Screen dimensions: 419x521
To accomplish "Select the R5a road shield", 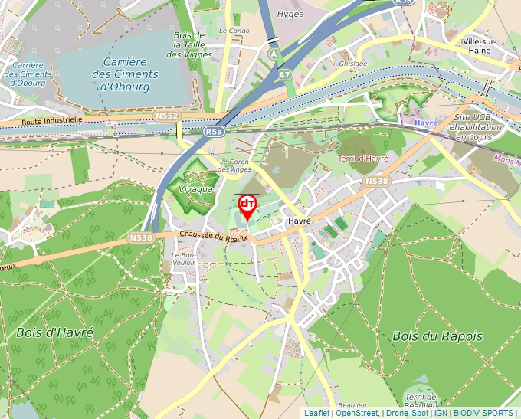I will (215, 132).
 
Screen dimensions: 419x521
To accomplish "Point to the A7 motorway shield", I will (284, 74).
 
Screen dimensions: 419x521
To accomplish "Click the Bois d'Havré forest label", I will (54, 333).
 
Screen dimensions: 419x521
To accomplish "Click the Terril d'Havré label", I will (363, 159).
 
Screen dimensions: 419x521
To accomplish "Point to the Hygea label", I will (290, 14).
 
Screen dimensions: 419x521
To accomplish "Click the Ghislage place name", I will (352, 64).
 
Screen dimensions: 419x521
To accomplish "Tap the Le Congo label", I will (234, 31).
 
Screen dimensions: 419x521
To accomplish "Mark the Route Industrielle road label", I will (52, 120).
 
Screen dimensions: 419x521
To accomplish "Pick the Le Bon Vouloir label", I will (184, 258).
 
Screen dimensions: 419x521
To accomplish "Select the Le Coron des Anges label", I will (235, 165).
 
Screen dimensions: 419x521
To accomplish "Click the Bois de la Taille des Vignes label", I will (189, 45).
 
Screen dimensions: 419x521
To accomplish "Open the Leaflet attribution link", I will (317, 414).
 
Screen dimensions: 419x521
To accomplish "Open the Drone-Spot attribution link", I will (407, 414).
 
